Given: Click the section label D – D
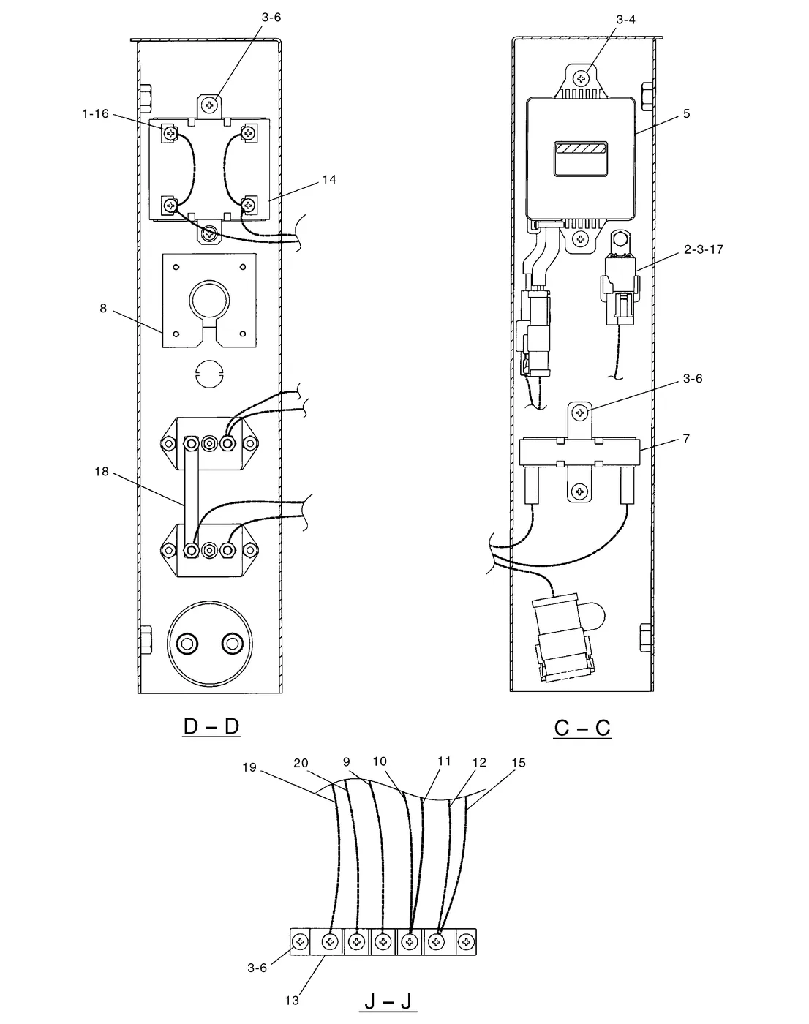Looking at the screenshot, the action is (211, 726).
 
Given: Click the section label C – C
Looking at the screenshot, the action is (582, 728).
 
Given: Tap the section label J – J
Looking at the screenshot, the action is (388, 1001).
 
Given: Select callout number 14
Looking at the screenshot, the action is (329, 179).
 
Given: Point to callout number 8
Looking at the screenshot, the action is (103, 309).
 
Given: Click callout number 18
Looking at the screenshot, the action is (102, 472).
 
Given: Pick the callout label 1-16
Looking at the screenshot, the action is (95, 113).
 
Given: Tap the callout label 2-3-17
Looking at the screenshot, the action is (704, 249).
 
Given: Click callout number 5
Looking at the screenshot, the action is (686, 113).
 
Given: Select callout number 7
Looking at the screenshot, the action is (686, 438).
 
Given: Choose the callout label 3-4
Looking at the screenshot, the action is (625, 20).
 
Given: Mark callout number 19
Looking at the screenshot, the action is (249, 767).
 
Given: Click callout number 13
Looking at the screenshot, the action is (292, 1001).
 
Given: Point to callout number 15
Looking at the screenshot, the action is (518, 763).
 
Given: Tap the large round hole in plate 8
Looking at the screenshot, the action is (209, 301).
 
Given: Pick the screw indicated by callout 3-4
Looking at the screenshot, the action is (581, 78).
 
